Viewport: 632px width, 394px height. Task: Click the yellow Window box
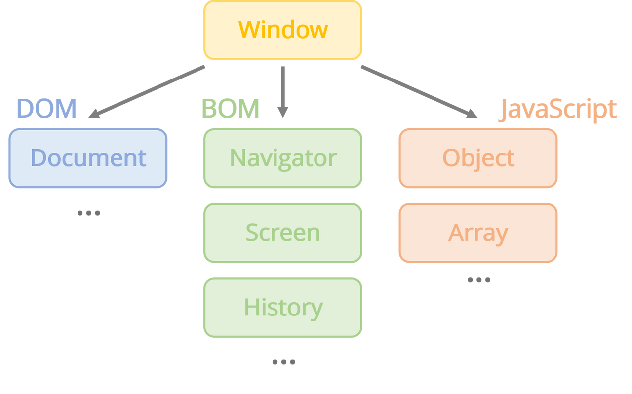[x=282, y=31]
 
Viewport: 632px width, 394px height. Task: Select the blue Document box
[x=88, y=158]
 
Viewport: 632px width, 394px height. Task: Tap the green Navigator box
[x=282, y=158]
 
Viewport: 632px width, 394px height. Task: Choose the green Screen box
[x=282, y=233]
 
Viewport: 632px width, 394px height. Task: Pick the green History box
[x=282, y=307]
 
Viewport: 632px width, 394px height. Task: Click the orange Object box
[x=478, y=158]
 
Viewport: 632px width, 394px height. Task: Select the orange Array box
[x=478, y=233]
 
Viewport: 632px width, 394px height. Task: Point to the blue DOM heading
[x=47, y=109]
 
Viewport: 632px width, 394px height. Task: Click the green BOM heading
[x=230, y=109]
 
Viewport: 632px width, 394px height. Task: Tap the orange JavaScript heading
[x=558, y=109]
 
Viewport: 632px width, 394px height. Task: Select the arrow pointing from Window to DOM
[x=148, y=91]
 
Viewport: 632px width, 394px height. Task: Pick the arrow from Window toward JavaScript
[x=417, y=91]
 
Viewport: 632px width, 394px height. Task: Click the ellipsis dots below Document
[x=89, y=213]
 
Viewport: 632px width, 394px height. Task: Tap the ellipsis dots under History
[x=284, y=362]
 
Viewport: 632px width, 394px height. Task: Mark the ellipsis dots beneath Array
[x=478, y=280]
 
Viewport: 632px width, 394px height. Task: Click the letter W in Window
[x=249, y=30]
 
